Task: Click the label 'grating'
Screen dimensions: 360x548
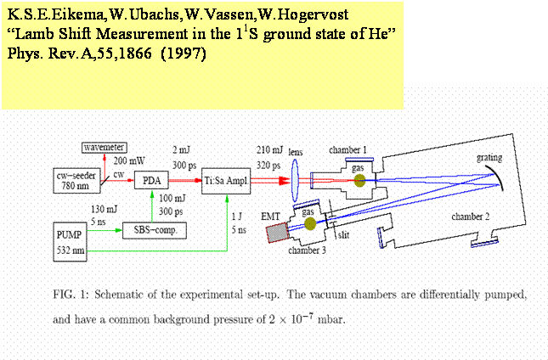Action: pos(487,157)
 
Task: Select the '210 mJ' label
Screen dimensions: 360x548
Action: pos(268,150)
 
